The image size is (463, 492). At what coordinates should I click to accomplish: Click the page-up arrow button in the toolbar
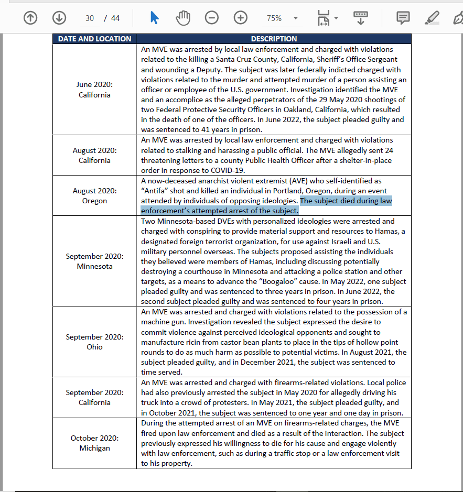point(31,18)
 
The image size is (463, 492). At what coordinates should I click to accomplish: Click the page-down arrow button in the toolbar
point(59,18)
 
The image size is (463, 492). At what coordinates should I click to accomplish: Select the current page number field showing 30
point(90,18)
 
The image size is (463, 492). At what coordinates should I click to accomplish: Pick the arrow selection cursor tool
point(154,18)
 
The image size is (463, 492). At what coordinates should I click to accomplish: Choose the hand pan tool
point(183,18)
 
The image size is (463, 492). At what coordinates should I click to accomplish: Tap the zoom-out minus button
point(212,18)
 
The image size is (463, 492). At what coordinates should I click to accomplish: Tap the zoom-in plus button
point(240,18)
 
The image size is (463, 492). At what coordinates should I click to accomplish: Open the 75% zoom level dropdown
point(282,18)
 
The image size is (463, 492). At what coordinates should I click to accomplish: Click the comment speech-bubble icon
point(403,18)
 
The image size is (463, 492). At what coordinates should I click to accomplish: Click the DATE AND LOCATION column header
point(94,39)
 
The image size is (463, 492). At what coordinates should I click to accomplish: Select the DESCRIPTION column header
point(274,39)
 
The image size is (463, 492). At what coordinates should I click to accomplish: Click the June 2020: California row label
point(94,90)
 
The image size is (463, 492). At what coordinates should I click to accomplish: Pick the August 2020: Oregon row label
point(94,196)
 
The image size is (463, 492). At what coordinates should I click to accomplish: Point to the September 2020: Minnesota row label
point(94,261)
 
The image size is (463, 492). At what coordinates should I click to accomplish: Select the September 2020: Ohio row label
point(94,342)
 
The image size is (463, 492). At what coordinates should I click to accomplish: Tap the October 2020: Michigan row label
point(94,443)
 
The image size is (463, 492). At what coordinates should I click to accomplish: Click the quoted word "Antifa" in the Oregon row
point(155,191)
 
